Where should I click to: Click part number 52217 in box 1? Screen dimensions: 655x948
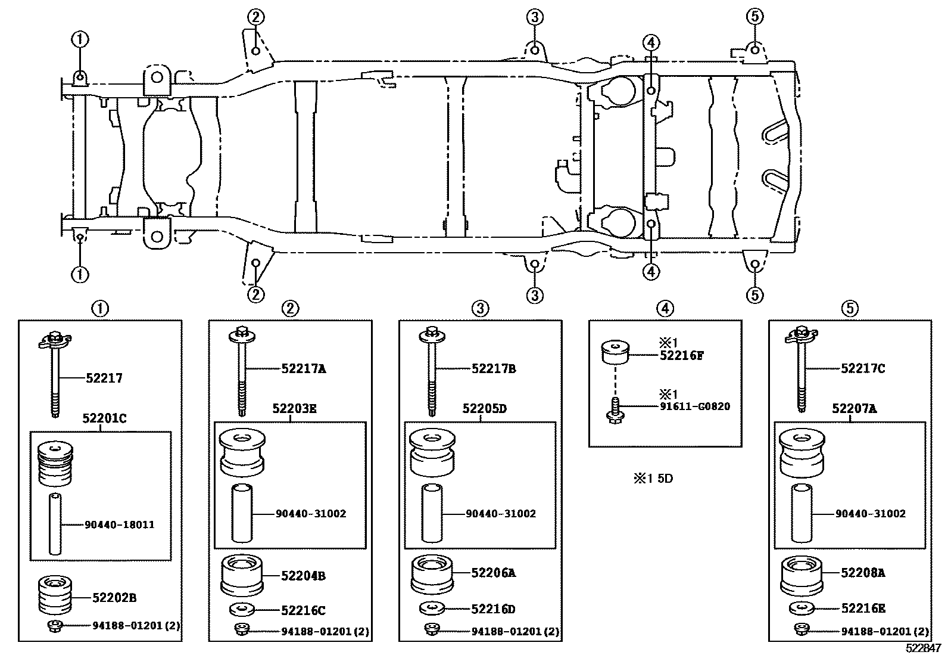click(x=104, y=378)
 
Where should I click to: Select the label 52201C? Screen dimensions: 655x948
click(x=104, y=419)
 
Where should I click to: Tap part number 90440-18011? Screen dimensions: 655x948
click(x=119, y=524)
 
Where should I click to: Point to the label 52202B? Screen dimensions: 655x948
click(x=114, y=597)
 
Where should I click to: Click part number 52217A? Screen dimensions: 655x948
click(x=304, y=369)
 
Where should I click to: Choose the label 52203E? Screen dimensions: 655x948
click(x=295, y=408)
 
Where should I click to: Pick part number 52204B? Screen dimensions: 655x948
click(x=303, y=576)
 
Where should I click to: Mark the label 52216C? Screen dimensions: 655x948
click(x=303, y=610)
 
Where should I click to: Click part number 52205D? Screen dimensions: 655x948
click(x=485, y=408)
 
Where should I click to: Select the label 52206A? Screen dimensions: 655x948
click(x=493, y=573)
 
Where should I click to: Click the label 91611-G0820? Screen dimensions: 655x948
click(x=695, y=407)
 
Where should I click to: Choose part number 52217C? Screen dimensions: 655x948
click(x=863, y=369)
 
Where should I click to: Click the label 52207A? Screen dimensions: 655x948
click(x=854, y=408)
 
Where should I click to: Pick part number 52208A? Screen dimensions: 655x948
click(x=863, y=573)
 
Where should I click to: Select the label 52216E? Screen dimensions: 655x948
click(x=863, y=609)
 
